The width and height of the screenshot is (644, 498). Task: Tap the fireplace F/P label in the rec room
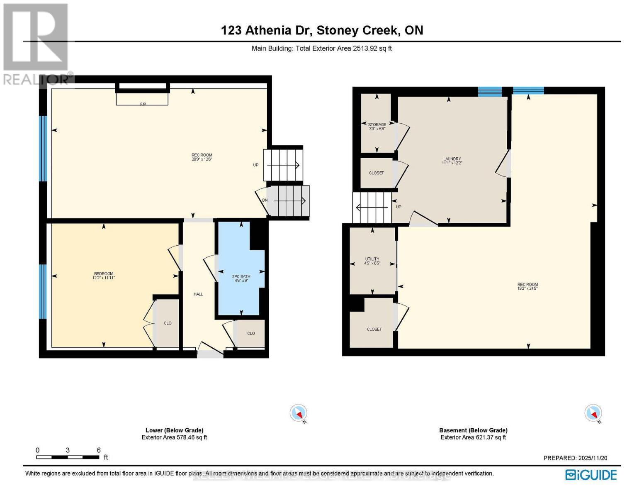click(143, 104)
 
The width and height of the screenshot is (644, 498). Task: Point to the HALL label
click(198, 294)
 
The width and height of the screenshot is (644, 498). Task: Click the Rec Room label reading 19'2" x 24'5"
click(527, 286)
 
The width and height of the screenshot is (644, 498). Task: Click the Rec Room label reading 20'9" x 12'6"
click(202, 157)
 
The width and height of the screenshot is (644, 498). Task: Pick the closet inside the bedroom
click(168, 323)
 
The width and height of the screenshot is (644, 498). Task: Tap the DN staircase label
click(265, 200)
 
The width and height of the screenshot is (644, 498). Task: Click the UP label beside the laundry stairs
click(399, 207)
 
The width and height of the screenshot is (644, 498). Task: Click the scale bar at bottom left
click(68, 457)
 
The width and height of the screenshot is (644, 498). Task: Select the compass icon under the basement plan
click(593, 413)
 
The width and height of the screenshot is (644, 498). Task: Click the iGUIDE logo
click(591, 475)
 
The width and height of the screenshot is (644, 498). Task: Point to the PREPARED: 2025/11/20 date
click(575, 458)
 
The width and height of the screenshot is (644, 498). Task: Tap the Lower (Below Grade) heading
click(174, 430)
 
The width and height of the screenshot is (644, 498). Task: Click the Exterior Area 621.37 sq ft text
click(473, 437)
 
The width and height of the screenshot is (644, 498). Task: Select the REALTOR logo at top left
click(36, 44)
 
